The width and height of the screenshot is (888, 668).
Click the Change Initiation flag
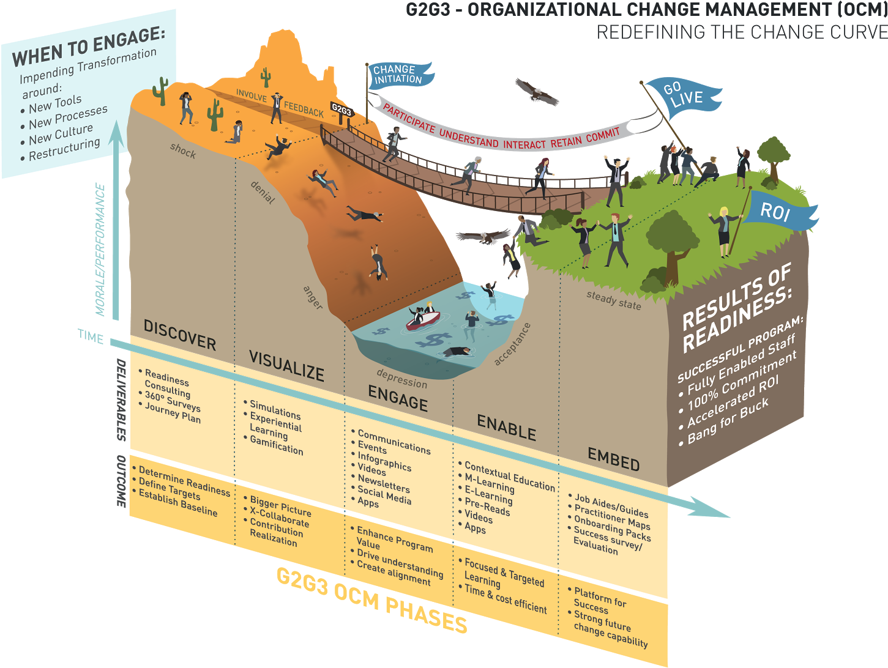[x=399, y=75]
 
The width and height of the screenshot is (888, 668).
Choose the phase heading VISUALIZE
[x=286, y=366]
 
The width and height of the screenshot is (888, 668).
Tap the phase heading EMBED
[x=613, y=459]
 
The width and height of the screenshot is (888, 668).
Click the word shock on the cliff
[x=183, y=150]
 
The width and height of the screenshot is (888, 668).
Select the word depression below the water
[x=401, y=379]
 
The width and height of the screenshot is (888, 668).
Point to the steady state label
[x=613, y=300]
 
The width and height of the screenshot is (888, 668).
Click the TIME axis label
[x=91, y=336]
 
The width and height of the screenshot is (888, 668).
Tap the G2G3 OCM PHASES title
[x=371, y=601]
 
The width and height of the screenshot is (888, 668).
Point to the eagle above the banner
[x=537, y=92]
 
